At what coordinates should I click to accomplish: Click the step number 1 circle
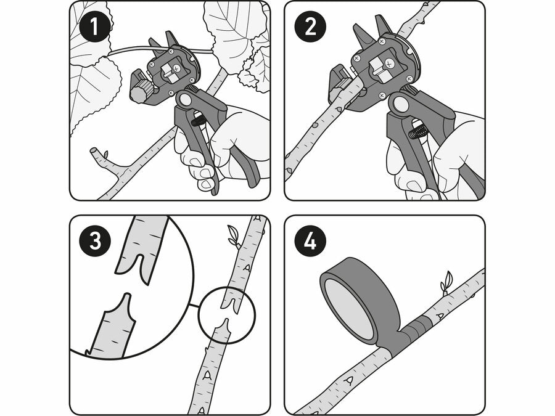[x=94, y=27]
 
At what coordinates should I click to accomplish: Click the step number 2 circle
[x=310, y=27]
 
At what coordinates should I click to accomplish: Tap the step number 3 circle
[x=95, y=240]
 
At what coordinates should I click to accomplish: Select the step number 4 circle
[x=310, y=240]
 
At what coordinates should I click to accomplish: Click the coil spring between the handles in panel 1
[x=197, y=120]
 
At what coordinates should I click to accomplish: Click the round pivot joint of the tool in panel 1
[x=185, y=99]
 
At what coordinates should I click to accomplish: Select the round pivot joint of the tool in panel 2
[x=400, y=104]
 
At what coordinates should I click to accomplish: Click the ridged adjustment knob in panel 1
[x=141, y=91]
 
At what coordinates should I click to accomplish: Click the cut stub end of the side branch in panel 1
[x=94, y=151]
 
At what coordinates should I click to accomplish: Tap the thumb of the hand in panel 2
[x=456, y=145]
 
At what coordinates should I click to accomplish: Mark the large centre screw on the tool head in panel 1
[x=176, y=67]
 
